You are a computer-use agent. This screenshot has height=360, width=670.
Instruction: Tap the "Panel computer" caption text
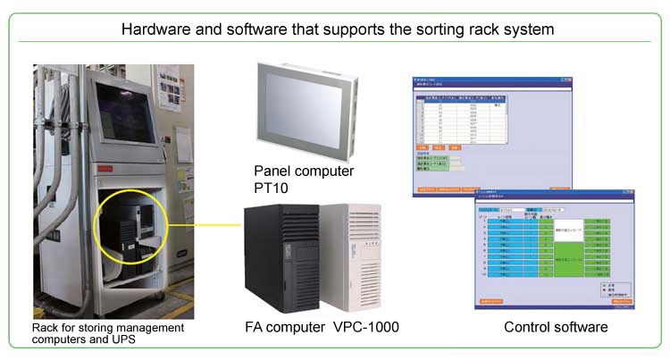pos(304,171)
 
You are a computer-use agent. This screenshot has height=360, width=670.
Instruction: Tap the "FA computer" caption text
pos(284,328)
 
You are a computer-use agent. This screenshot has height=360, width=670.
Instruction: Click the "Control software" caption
pos(556,328)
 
